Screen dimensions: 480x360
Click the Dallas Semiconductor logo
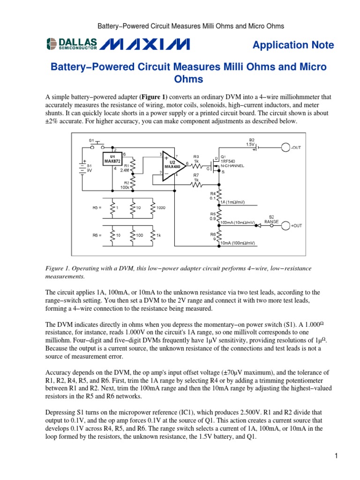71,45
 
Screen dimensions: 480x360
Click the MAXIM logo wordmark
145,45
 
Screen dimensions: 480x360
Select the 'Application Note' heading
293,45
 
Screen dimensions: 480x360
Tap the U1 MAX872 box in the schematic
112,158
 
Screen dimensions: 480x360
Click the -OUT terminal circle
285,148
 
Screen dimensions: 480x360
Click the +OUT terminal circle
285,225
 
